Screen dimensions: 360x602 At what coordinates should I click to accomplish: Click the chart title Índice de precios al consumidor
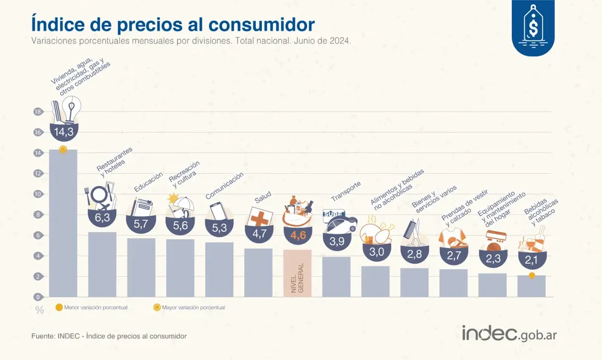pyautogui.click(x=172, y=25)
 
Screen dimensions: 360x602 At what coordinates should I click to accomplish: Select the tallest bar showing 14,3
pyautogui.click(x=63, y=223)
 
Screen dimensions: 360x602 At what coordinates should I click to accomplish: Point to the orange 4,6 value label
pyautogui.click(x=297, y=235)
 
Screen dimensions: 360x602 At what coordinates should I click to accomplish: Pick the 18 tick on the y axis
pyautogui.click(x=37, y=112)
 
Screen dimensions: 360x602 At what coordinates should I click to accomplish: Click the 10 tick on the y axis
pyautogui.click(x=37, y=194)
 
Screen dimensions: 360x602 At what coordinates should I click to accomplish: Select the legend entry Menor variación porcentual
pyautogui.click(x=90, y=308)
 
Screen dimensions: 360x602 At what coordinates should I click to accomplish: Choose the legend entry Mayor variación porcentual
pyautogui.click(x=189, y=308)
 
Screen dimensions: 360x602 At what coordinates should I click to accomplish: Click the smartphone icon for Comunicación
pyautogui.click(x=216, y=212)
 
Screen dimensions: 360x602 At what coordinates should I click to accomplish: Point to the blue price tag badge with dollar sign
pyautogui.click(x=533, y=27)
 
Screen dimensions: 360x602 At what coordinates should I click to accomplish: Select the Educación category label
pyautogui.click(x=148, y=183)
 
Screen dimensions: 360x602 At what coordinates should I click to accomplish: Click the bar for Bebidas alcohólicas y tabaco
pyautogui.click(x=531, y=286)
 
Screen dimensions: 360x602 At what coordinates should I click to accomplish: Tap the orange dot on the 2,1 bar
pyautogui.click(x=531, y=276)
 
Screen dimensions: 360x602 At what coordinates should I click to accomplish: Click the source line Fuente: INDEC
pyautogui.click(x=109, y=335)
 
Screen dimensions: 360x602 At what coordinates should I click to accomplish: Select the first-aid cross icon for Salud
pyautogui.click(x=259, y=219)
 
